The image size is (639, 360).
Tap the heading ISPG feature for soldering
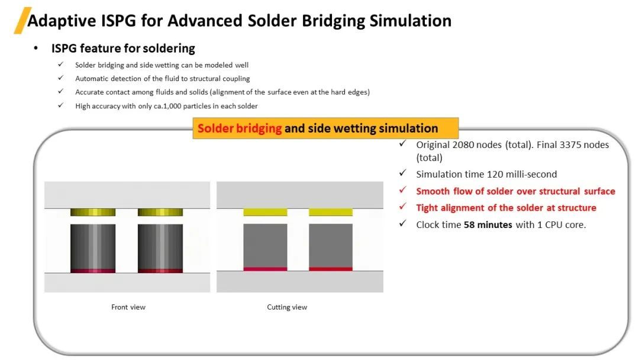(x=123, y=49)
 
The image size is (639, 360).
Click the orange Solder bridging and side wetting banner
(x=325, y=128)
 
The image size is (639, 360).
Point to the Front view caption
(x=128, y=307)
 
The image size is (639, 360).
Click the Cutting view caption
(x=287, y=307)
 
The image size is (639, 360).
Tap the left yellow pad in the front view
(x=93, y=212)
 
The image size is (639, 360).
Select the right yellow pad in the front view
(x=160, y=212)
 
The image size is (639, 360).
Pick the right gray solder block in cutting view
(x=331, y=245)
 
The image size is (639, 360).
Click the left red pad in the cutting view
(x=265, y=269)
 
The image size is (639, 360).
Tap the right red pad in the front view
(x=160, y=271)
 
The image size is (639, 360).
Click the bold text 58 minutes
(x=488, y=224)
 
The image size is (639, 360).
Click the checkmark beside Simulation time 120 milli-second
(x=403, y=173)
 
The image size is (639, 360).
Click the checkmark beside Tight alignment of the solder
(x=403, y=207)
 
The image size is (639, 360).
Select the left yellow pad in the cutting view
(x=265, y=212)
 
